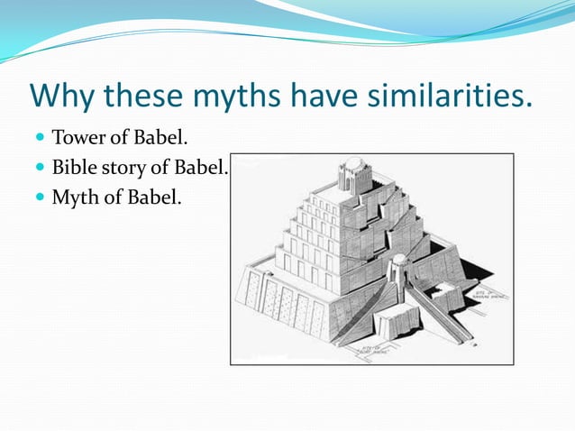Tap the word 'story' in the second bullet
123,168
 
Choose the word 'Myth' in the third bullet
75,195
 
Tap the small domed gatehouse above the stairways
397,266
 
